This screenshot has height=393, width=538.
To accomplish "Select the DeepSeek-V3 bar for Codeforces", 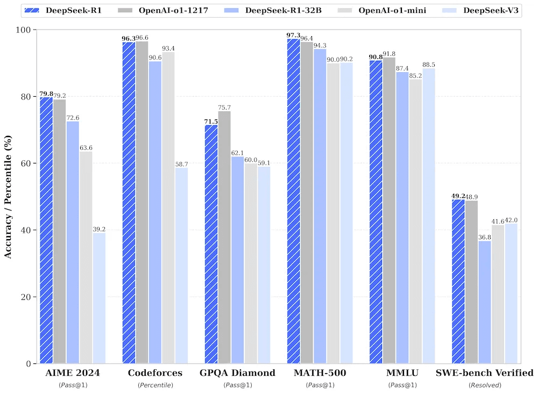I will point(181,266).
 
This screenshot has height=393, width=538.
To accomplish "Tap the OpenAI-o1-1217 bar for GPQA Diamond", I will point(224,237).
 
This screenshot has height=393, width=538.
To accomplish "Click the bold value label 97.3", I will point(293,34).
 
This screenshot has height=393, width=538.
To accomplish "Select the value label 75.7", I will point(225,107).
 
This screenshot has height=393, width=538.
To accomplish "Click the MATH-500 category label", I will point(320,373).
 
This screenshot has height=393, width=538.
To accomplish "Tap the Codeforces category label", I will point(155,373).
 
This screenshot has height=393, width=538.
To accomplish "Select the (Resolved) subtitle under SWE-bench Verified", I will point(485,385).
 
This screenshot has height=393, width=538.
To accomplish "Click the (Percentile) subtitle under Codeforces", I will point(155,385).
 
